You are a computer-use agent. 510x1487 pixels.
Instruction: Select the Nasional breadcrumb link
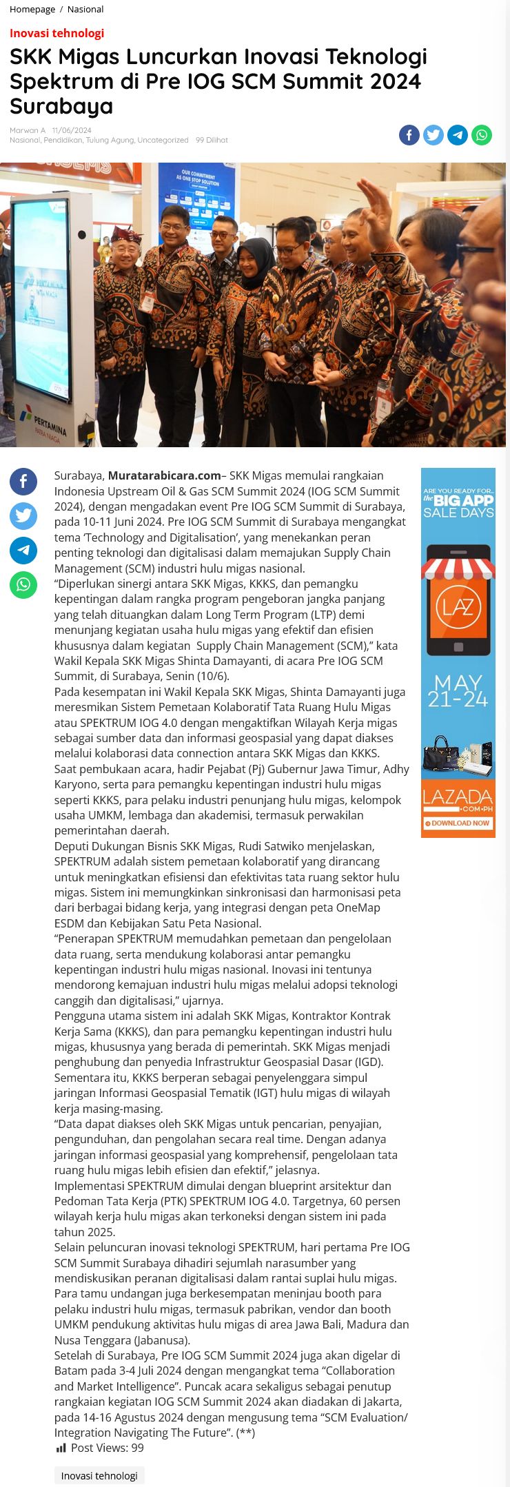point(85,9)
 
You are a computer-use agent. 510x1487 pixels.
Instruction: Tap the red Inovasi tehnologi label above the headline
point(57,33)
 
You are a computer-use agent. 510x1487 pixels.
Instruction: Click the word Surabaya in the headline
point(61,107)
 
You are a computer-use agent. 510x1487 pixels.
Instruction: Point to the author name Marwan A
point(28,130)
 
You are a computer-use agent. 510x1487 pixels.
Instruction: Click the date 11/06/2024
point(72,130)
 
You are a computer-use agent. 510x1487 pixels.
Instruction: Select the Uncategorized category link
point(163,140)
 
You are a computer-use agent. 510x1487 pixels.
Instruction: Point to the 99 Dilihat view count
point(212,140)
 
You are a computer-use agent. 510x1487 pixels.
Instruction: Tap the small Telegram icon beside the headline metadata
point(458,135)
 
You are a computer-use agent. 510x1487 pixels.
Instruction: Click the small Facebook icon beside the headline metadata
point(409,135)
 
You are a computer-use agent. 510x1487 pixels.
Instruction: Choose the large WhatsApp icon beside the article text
point(23,585)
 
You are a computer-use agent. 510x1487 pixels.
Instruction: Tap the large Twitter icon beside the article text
point(23,516)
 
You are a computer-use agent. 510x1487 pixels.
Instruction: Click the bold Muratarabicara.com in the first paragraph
point(164,475)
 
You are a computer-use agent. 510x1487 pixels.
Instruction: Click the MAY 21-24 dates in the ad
point(458,690)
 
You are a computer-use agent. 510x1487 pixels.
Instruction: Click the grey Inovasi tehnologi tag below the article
point(99,1475)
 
